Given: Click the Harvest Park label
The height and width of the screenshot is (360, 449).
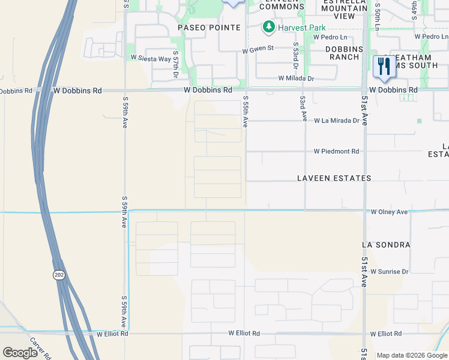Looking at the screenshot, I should coord(300,28).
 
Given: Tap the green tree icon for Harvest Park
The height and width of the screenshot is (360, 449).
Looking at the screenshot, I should coord(268,27).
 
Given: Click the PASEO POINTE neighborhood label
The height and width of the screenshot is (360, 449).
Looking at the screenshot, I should coord(209,28).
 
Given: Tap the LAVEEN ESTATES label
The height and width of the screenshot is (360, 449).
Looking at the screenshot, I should coord(334,178).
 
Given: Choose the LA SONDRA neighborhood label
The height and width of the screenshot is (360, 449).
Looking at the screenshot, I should coord(385,245).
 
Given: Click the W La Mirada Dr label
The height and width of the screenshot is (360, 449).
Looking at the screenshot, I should coord(336,121).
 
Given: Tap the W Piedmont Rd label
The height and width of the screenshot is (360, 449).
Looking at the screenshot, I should coord(336,152).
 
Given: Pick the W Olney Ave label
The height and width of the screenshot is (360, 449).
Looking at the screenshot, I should coord(389,212).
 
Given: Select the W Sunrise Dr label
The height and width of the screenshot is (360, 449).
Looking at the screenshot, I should coord(389,271).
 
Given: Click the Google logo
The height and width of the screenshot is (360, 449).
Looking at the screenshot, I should coord(20,353).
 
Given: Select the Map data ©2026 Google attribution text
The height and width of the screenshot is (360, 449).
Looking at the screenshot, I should coord(411,355).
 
